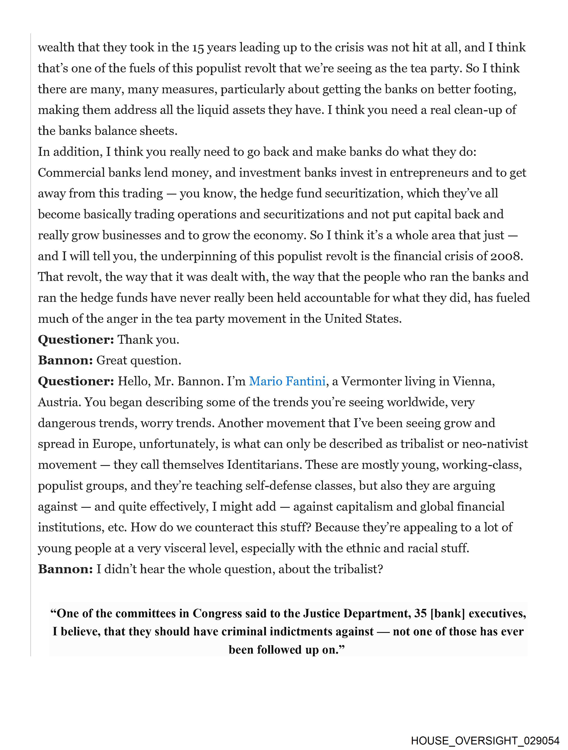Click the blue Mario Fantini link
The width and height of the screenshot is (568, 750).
point(287,381)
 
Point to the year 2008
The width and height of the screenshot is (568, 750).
point(505,256)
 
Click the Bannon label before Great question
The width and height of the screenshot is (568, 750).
point(65,360)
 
